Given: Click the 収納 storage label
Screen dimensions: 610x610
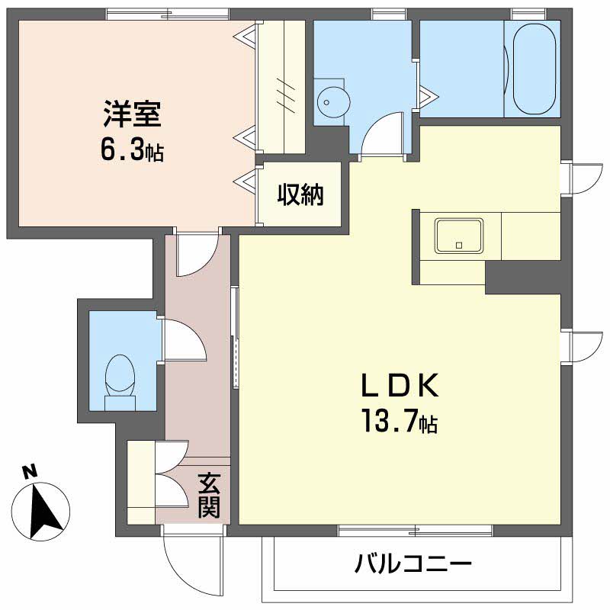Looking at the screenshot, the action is pos(300,194).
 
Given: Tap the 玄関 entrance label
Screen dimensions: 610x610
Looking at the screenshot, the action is pos(209,496).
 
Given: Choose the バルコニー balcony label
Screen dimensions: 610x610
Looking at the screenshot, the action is pos(413,563).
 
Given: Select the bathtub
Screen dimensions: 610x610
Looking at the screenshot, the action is pos(533,69).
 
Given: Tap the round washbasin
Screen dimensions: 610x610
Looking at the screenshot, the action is pos(333,102).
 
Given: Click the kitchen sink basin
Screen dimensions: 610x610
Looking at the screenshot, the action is pos(459,236).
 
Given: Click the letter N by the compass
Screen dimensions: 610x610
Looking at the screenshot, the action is pos(30,472).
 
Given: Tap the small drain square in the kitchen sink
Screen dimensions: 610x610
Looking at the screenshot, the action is pos(459,246).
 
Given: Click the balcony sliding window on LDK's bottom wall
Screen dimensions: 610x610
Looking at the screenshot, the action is pos(416,531).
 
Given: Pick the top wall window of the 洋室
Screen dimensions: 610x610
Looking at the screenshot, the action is pos(168,14).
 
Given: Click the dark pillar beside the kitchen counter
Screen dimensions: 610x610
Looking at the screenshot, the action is pos(523,278).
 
